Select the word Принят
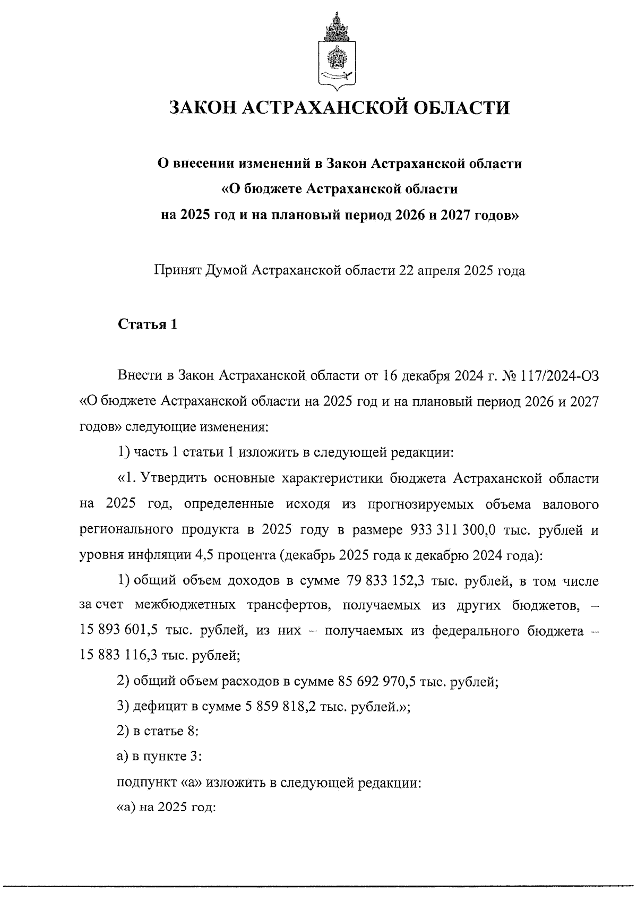coord(176,271)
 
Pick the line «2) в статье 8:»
coord(158,731)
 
